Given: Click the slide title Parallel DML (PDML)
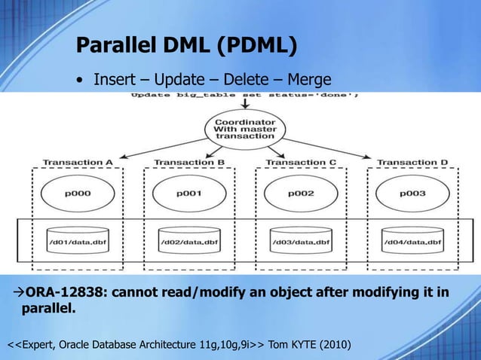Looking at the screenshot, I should coord(185,47).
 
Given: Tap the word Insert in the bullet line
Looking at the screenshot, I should coord(114,79).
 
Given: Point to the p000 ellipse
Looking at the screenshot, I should coord(76,193).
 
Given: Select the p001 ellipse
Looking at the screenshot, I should coord(188,193).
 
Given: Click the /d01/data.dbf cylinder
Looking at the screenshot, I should coord(77,239).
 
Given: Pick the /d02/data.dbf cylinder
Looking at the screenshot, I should coord(188,239).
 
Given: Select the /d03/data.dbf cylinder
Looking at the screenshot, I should coord(300,239).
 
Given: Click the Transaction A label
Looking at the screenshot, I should coord(77,162).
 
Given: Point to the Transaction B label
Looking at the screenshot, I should coord(188,162).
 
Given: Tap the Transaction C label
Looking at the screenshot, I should coord(300,162).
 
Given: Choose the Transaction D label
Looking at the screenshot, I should coord(412,162).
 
